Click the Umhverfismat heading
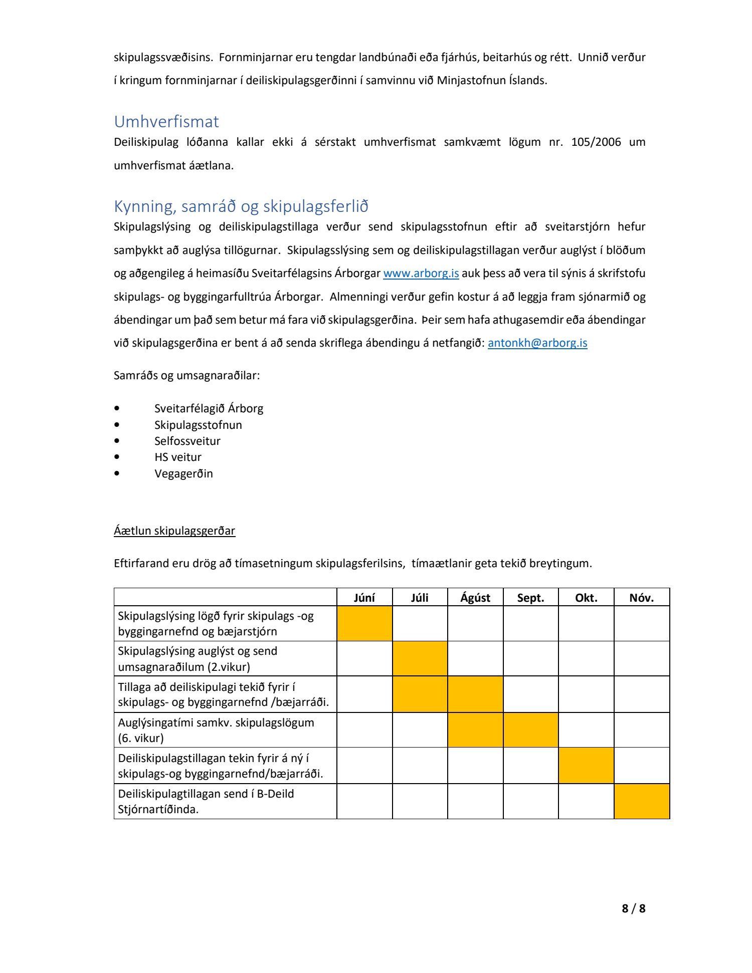tap(166, 122)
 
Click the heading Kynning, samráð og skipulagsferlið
tap(241, 206)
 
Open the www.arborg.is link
tap(421, 274)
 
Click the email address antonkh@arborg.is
tap(537, 343)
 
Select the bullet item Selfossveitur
tap(187, 441)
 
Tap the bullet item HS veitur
tap(177, 457)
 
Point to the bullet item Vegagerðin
tap(183, 473)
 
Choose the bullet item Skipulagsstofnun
tap(198, 425)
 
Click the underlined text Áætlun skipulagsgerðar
tap(174, 531)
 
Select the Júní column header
tap(364, 598)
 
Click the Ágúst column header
tap(475, 598)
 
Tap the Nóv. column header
tap(642, 598)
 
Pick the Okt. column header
tap(586, 598)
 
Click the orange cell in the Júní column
tap(364, 623)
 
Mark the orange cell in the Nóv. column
tap(642, 801)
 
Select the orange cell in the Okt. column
tap(586, 766)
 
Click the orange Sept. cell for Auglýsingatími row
tap(530, 730)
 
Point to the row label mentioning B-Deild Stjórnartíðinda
tap(206, 801)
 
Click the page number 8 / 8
tap(633, 908)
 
